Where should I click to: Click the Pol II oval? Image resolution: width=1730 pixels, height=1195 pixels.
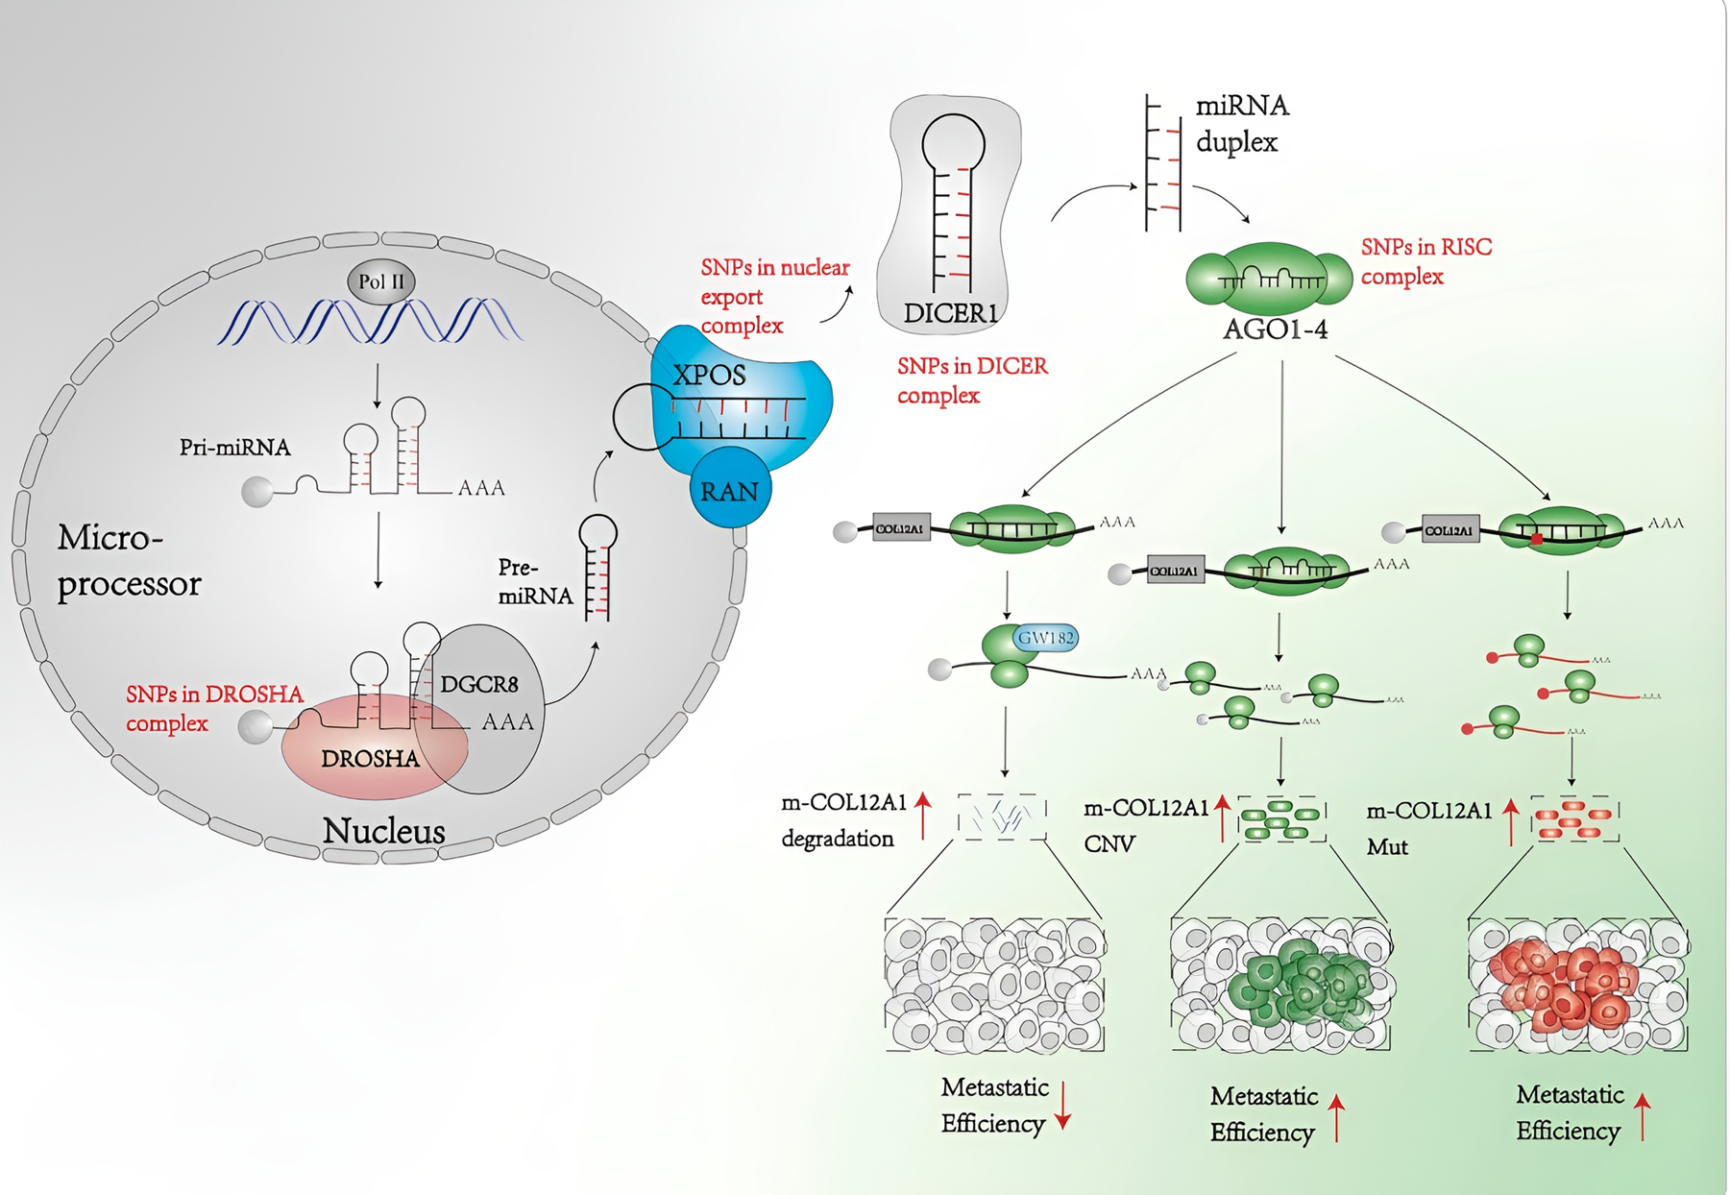[x=381, y=281]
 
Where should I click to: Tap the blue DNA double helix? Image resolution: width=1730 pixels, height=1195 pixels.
[x=370, y=322]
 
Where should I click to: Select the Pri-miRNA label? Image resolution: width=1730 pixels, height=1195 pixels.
[x=234, y=448]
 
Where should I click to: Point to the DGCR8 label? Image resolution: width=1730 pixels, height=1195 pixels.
[x=478, y=685]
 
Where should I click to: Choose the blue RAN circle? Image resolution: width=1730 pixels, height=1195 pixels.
[x=729, y=492]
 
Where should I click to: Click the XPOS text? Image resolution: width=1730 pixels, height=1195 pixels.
[x=709, y=375]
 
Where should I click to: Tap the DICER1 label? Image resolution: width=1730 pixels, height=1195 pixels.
[x=950, y=313]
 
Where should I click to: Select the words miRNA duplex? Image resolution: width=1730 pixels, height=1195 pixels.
[x=1240, y=124]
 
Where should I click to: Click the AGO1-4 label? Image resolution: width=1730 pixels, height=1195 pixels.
[x=1275, y=329]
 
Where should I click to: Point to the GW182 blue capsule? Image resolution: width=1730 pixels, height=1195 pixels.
[x=1046, y=638]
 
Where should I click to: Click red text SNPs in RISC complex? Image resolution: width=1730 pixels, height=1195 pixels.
[x=1425, y=261]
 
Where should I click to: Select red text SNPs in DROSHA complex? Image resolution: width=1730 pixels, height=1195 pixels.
[x=213, y=708]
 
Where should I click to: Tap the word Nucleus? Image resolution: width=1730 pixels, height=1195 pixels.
[x=383, y=831]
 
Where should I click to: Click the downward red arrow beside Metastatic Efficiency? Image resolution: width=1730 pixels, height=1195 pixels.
[x=1063, y=1106]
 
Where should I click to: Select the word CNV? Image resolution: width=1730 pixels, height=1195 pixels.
[x=1109, y=844]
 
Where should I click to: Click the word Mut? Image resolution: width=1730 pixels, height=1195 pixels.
[x=1387, y=847]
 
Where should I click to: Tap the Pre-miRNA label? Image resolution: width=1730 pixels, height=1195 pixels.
[x=535, y=582]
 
